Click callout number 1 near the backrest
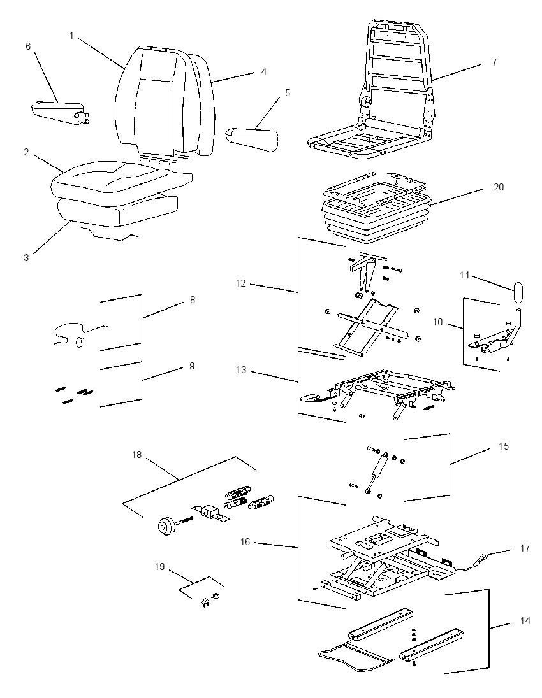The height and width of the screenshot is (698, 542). pos(71,36)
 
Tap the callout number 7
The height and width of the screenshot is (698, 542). pos(494,62)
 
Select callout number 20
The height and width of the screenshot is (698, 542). pos(499,187)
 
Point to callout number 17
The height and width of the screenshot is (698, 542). pos(525,548)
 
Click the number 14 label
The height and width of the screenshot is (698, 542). pos(525,620)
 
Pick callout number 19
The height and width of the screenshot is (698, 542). pos(159,567)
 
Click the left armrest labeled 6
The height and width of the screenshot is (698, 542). pos(58,111)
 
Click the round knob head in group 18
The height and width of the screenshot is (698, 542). pos(166,526)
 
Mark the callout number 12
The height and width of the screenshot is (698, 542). pos(240,283)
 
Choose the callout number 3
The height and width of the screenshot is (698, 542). pos(26,258)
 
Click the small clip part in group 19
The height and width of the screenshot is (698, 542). pos(205,602)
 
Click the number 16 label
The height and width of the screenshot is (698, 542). pos(245,542)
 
